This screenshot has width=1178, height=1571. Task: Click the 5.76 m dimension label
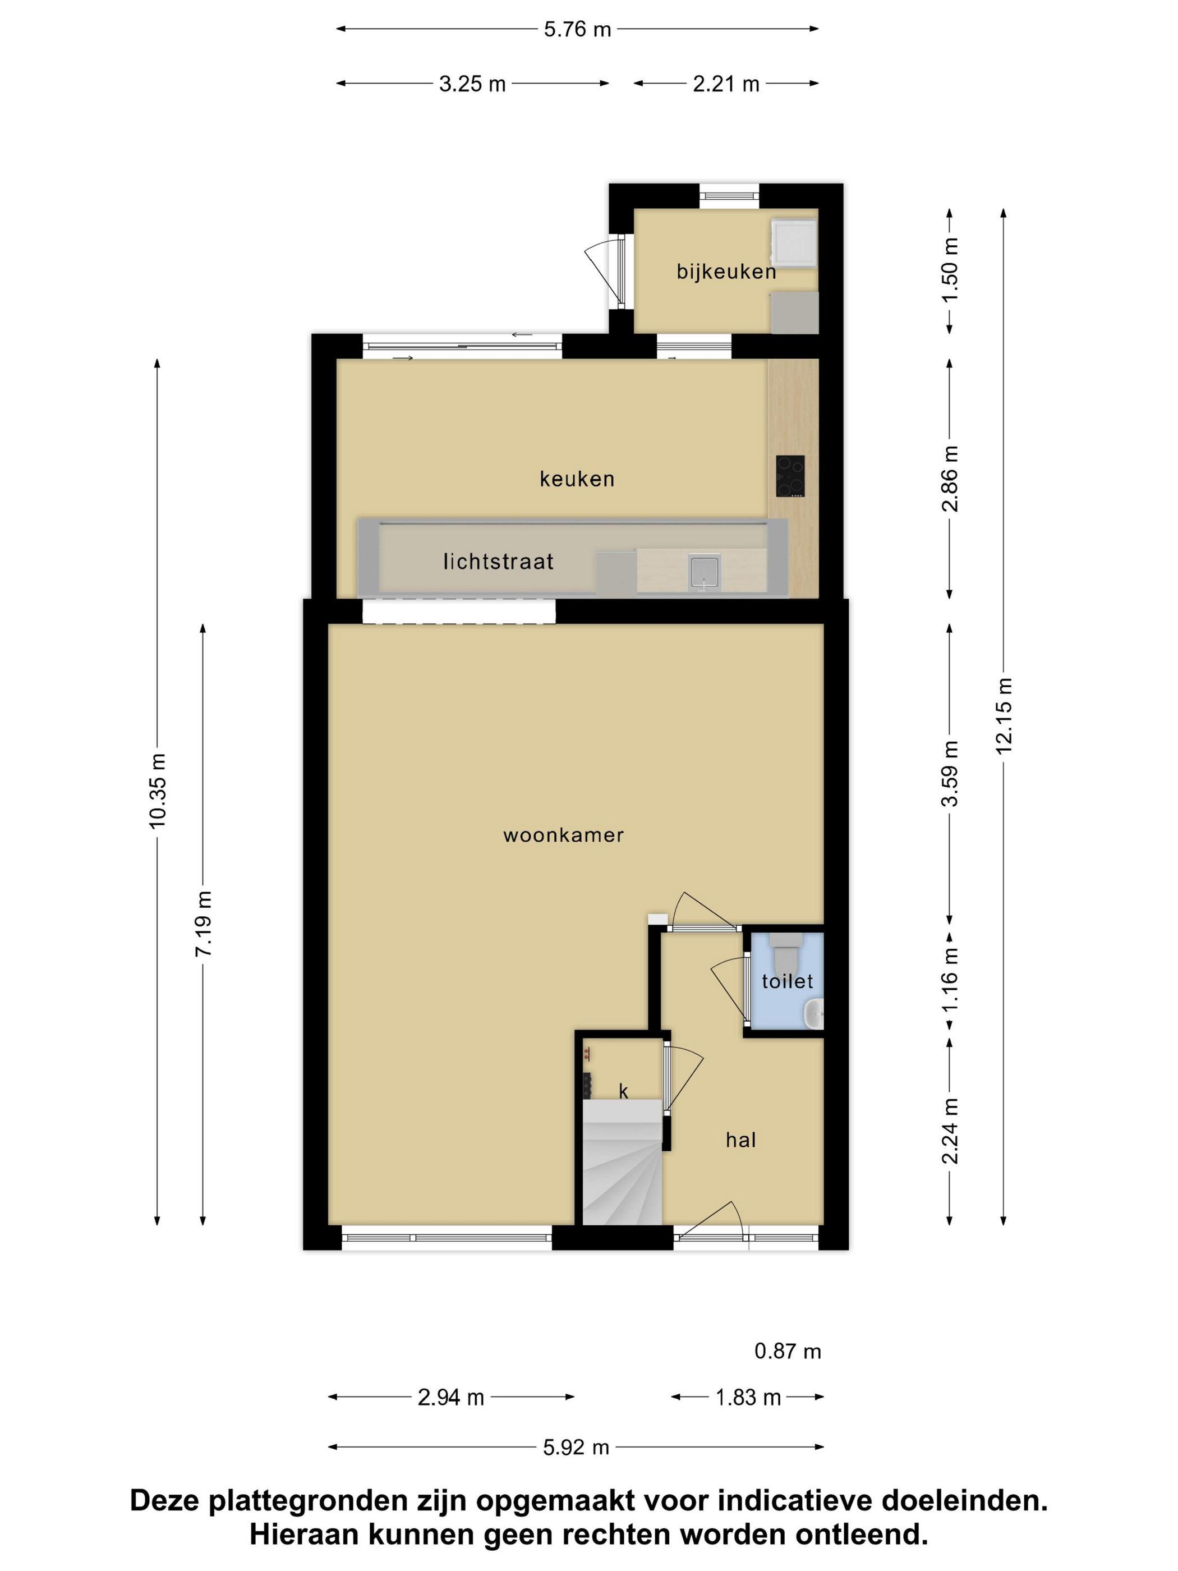tap(577, 29)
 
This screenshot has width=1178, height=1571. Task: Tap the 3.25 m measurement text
tap(472, 84)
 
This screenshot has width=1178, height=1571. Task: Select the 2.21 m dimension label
tap(726, 84)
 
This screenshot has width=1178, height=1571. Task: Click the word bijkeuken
tap(726, 272)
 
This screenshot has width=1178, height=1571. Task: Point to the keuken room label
tap(577, 479)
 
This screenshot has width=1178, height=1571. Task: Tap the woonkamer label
tap(563, 834)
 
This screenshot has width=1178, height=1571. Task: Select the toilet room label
tap(787, 981)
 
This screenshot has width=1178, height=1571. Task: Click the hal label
tap(740, 1140)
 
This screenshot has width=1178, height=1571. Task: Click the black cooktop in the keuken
tap(790, 476)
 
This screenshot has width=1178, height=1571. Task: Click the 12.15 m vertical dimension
tap(1004, 715)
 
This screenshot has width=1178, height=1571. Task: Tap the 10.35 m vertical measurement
tap(157, 790)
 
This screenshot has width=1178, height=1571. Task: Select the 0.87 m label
tap(788, 1352)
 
